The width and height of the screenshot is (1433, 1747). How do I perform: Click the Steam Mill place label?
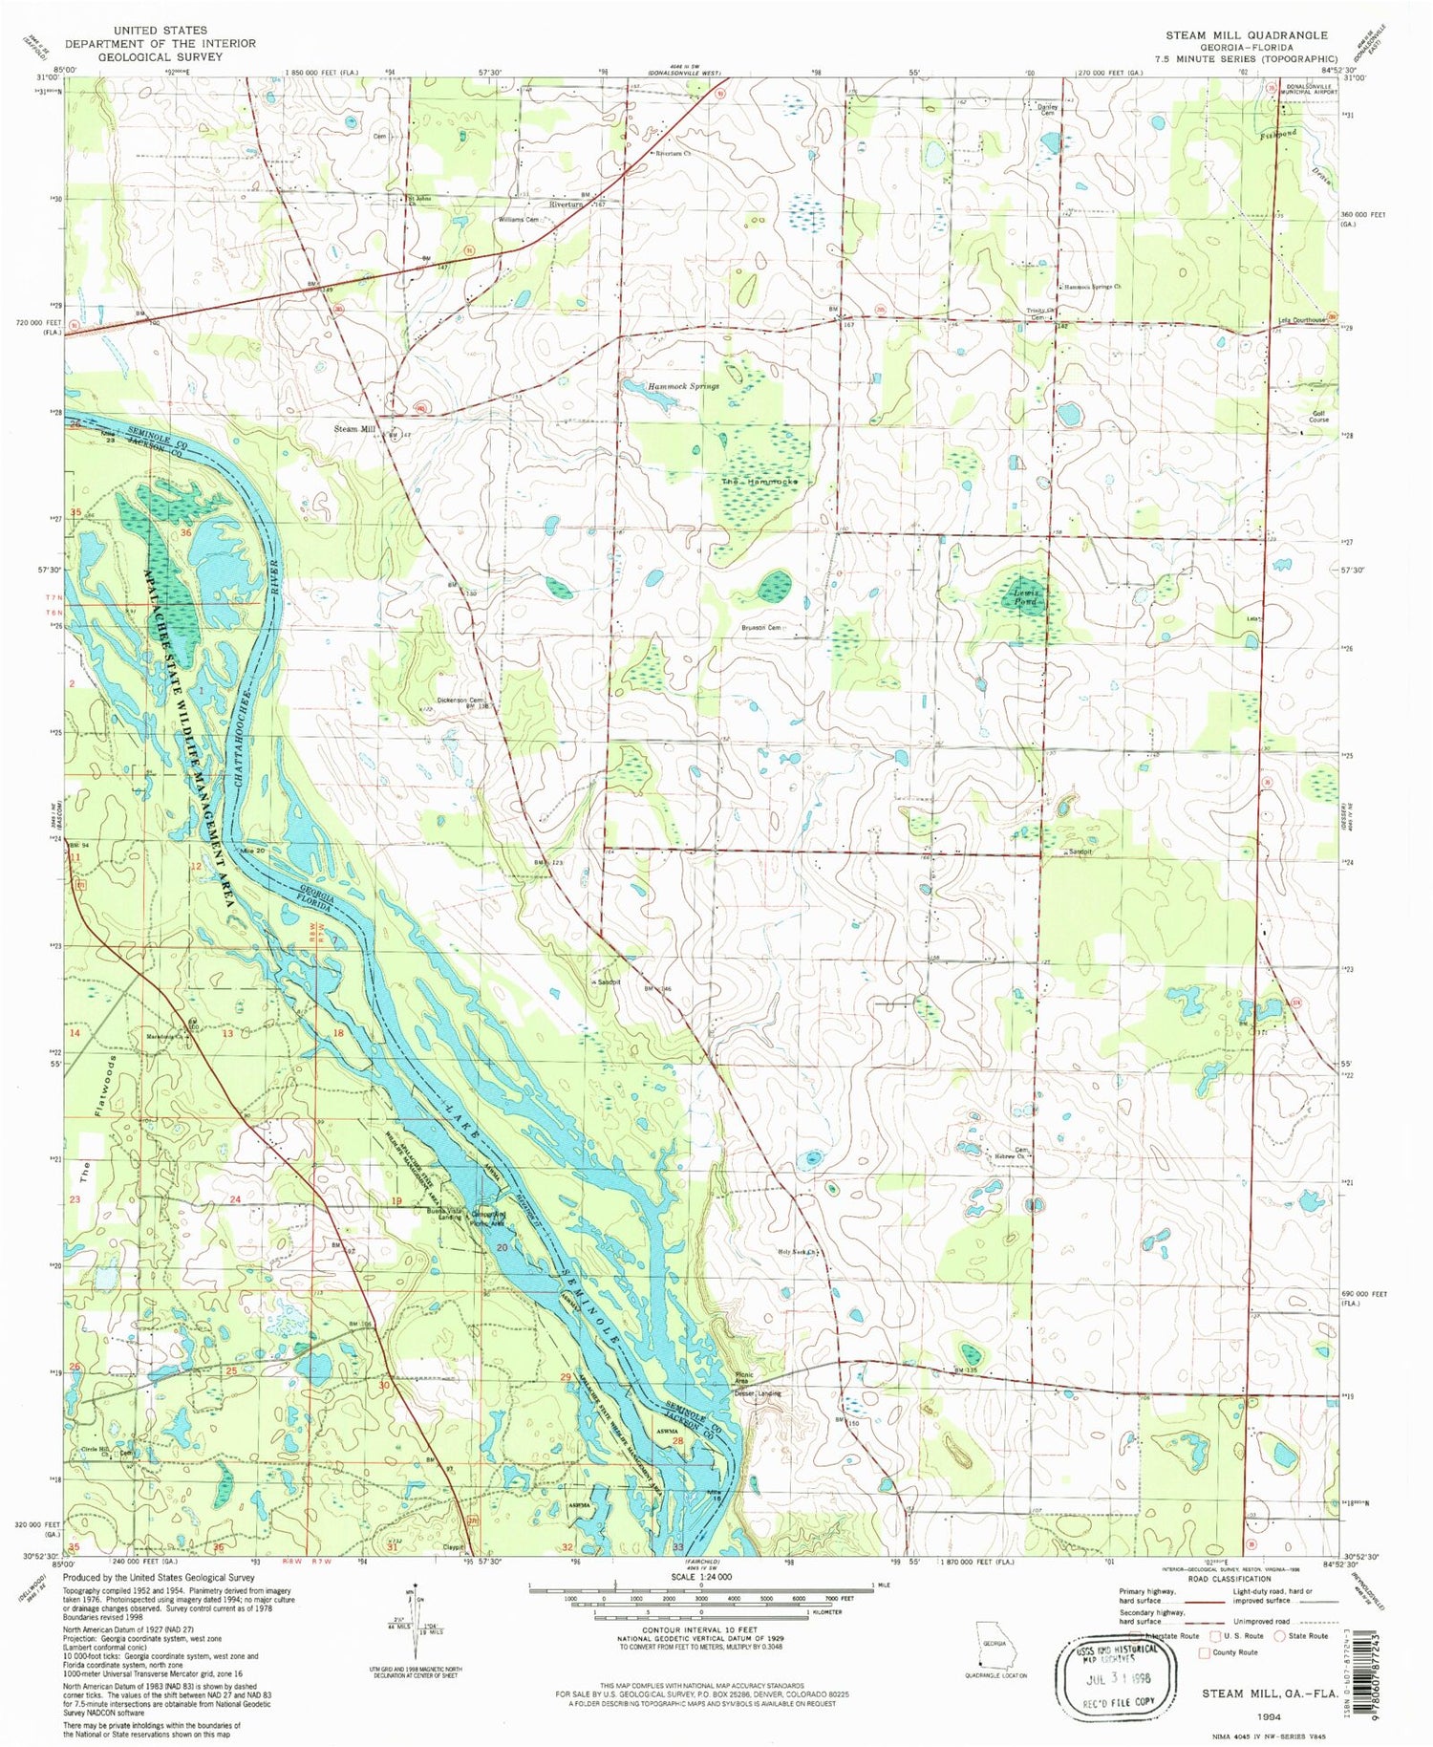[354, 429]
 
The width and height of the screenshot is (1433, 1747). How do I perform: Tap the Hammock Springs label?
[683, 386]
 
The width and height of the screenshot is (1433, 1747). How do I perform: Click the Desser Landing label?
[758, 1393]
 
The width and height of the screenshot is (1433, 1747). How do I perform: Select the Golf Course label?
[1318, 416]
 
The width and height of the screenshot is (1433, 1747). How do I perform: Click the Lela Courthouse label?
[1301, 320]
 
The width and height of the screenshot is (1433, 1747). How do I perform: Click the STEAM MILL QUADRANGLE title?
[1246, 35]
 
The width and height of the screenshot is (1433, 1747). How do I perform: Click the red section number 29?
[566, 1377]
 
